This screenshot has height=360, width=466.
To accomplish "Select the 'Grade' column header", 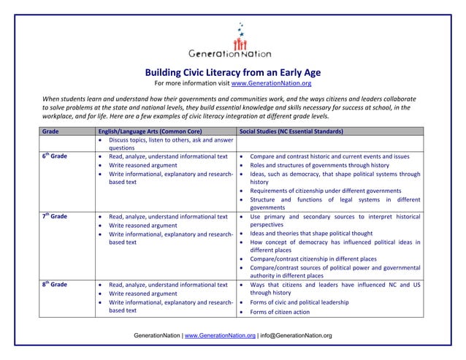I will (50, 131).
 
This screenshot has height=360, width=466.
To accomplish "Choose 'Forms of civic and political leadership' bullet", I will (307, 302).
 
